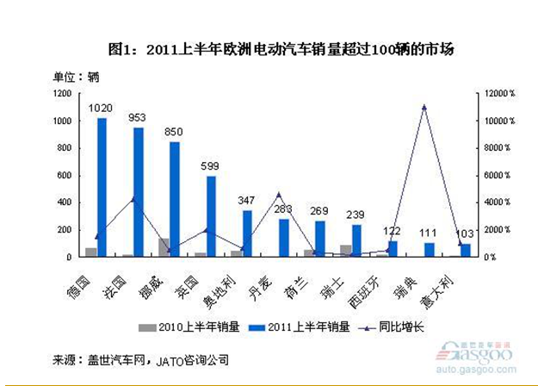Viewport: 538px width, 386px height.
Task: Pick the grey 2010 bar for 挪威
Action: pyautogui.click(x=164, y=247)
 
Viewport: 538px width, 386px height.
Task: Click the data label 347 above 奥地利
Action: pyautogui.click(x=247, y=201)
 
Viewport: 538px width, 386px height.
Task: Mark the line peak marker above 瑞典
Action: pyautogui.click(x=424, y=107)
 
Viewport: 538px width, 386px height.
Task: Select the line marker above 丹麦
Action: pyautogui.click(x=278, y=195)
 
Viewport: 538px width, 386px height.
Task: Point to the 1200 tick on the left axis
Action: pyautogui.click(x=61, y=93)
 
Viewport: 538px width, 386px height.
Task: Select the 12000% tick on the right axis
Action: pyautogui.click(x=498, y=93)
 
